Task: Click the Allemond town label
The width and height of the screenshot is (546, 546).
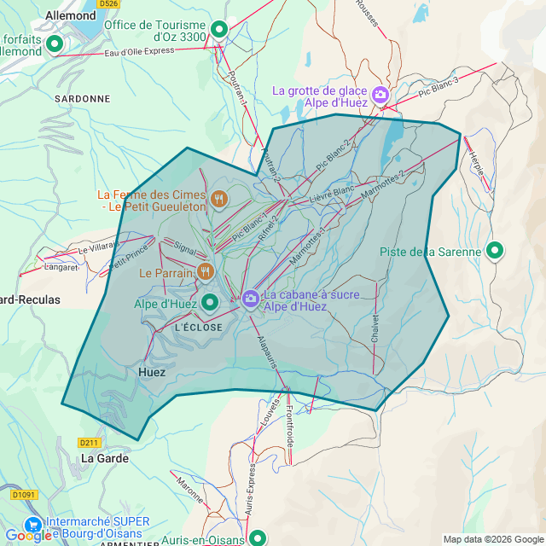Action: pos(69,15)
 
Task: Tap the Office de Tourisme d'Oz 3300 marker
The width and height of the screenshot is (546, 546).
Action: pos(219,30)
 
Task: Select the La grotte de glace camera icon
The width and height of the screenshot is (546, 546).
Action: pos(380,96)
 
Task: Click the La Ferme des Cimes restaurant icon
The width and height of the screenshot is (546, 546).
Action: pos(219,200)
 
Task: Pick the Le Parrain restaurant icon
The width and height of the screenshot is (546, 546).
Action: pos(205,272)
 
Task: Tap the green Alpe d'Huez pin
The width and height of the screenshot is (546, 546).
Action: pos(209,302)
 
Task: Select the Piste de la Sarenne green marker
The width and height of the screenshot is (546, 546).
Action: pos(494,251)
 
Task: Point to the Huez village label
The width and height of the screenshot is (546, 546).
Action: pos(152,372)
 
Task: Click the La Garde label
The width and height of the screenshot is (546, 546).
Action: pos(105,458)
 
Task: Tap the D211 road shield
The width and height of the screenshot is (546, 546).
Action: pos(90,443)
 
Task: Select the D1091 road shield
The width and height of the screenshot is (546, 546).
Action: pos(23,494)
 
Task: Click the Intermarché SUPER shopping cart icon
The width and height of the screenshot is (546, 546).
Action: pos(34,524)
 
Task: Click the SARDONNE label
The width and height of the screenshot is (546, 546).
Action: pos(82,99)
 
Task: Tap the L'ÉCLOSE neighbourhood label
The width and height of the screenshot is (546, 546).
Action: pos(198,328)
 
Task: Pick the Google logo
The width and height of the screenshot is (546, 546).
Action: pos(28,536)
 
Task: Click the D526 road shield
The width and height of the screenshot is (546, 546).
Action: pos(107,3)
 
